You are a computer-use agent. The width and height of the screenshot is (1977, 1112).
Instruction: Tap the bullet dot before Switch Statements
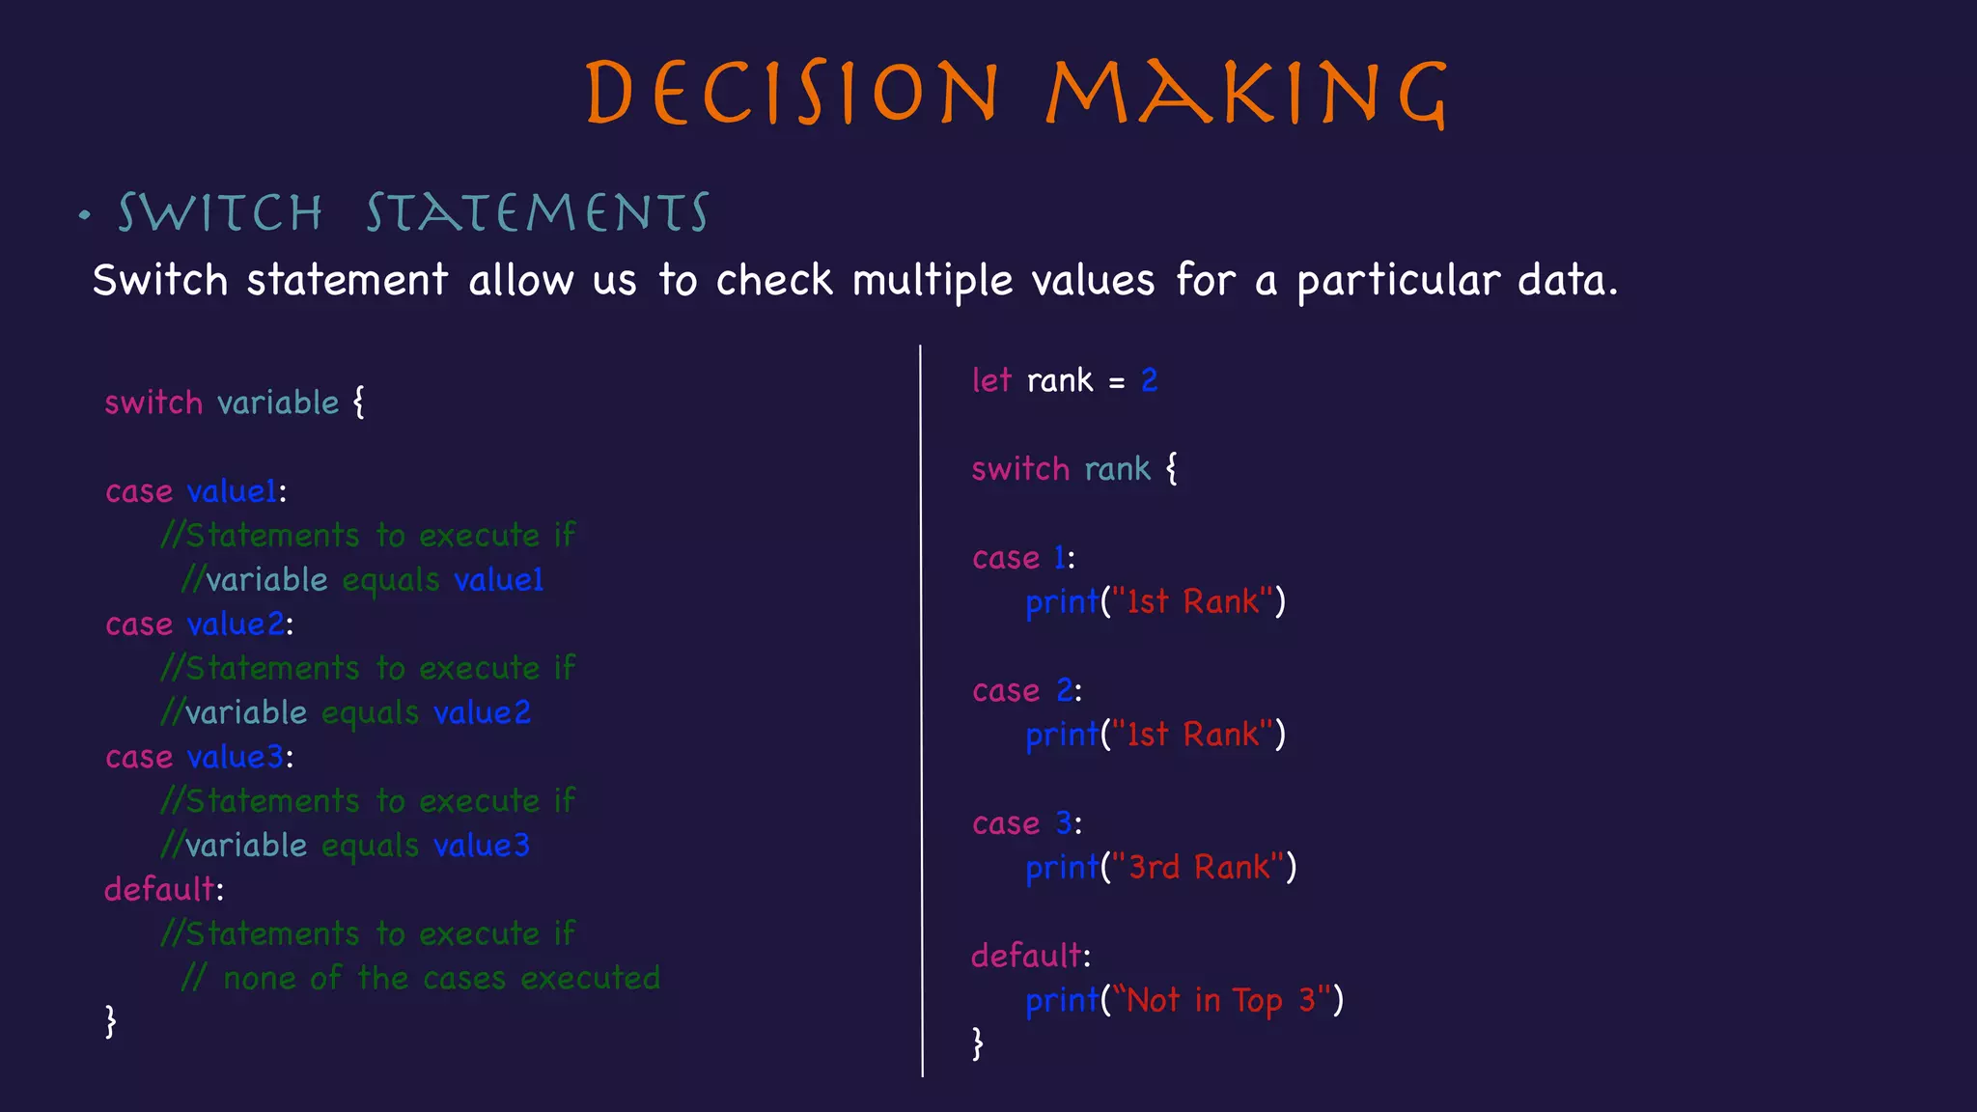(85, 215)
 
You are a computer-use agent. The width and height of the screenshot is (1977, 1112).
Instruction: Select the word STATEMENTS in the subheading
(537, 213)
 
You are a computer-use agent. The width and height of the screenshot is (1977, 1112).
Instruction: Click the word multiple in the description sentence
(932, 281)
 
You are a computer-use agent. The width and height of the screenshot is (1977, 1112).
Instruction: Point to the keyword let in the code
(990, 380)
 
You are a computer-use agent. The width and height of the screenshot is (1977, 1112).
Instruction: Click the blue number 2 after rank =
(1149, 380)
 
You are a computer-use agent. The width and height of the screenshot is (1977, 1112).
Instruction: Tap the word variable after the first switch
(278, 403)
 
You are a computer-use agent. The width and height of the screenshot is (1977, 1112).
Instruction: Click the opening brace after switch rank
(1171, 469)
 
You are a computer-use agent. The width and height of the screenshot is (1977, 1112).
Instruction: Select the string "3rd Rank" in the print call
(1198, 868)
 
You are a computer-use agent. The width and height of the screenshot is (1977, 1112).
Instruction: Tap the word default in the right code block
(1026, 956)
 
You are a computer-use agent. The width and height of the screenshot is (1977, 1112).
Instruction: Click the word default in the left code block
(159, 889)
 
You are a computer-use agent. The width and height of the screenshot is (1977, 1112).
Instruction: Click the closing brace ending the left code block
(111, 1021)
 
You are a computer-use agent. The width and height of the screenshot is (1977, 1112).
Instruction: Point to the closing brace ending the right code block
(978, 1043)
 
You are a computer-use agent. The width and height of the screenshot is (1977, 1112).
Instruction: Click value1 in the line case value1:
(232, 491)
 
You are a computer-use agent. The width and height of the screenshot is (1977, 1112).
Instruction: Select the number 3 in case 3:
(1063, 823)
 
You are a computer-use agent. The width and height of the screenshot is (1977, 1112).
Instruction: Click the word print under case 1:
(1061, 602)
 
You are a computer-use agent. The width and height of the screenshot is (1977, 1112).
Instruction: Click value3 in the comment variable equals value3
(482, 846)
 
